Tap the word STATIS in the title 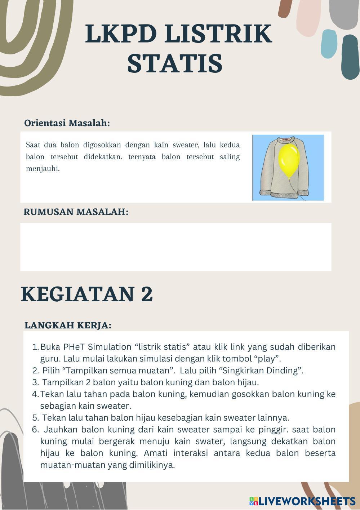coord(175,63)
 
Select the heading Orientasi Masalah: coord(67,123)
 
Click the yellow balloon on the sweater coord(289,161)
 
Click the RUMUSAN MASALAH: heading coord(76,212)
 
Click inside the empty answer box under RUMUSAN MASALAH coord(175,247)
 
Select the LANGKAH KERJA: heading coord(68,325)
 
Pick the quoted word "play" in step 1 coord(267,359)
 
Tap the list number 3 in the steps coord(35,382)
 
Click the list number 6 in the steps coord(35,430)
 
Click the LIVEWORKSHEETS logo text coord(307,501)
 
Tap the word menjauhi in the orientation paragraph coord(42,168)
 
